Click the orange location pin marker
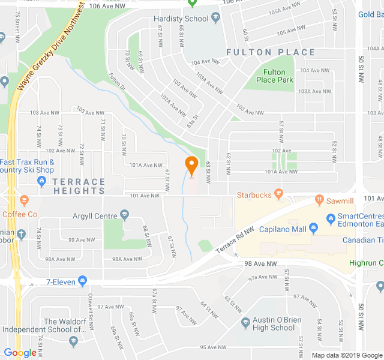click(191, 166)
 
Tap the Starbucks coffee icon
click(278, 194)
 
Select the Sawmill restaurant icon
click(320, 199)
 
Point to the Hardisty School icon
click(215, 19)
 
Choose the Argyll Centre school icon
click(124, 215)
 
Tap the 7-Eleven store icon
click(82, 281)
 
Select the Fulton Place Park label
click(274, 76)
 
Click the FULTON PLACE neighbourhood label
click(271, 52)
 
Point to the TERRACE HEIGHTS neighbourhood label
click(79, 186)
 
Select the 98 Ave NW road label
click(260, 263)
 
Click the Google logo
click(20, 353)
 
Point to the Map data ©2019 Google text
click(347, 355)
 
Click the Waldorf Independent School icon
click(73, 341)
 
